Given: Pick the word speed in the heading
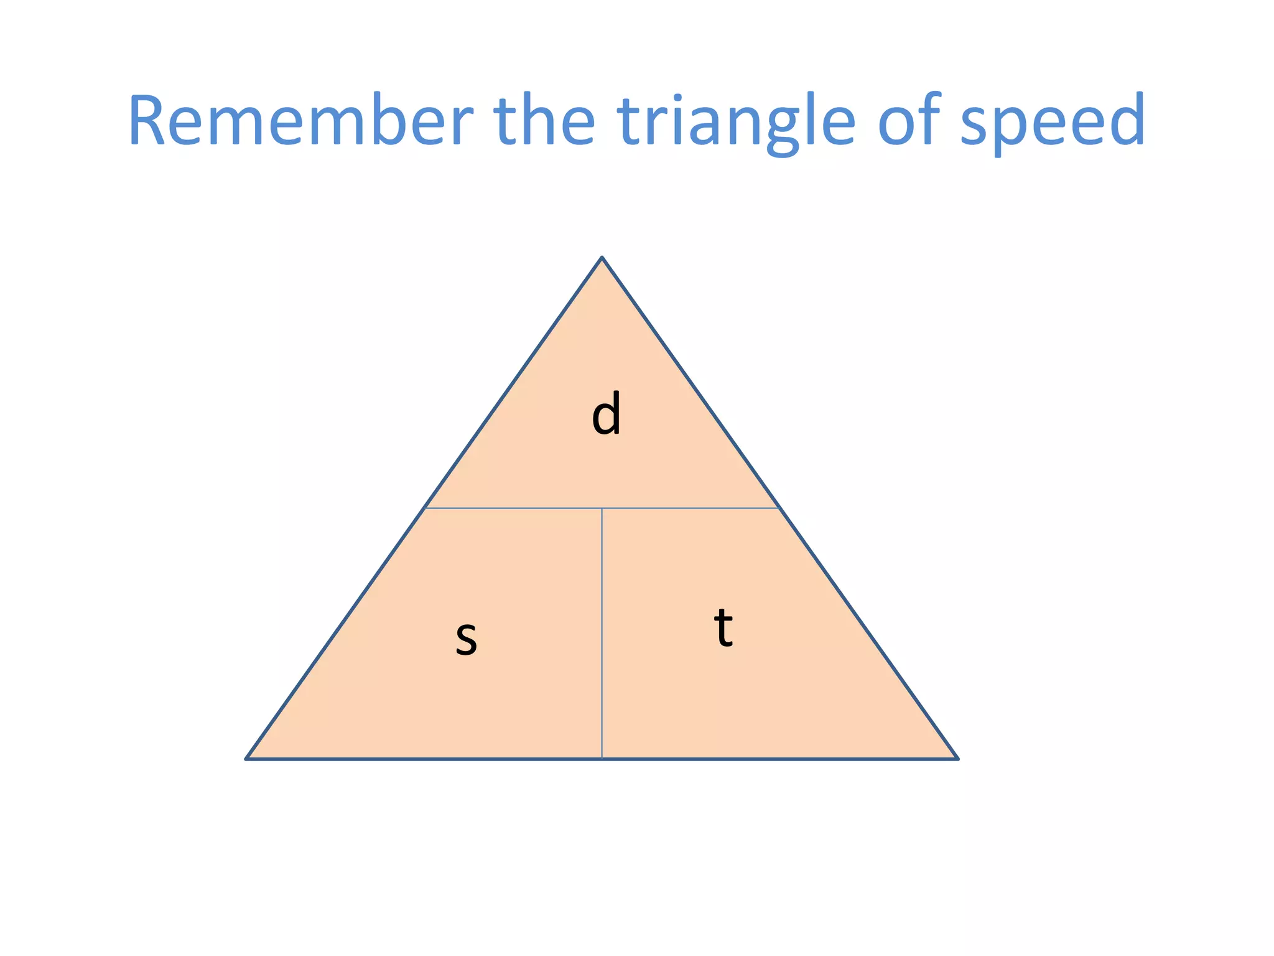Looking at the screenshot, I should click(x=1052, y=121).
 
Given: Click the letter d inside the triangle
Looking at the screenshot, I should click(x=606, y=414).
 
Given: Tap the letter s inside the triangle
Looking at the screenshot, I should click(x=466, y=638).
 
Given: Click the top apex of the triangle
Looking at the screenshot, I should click(x=602, y=257).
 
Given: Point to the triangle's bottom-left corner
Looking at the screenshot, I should click(x=247, y=759).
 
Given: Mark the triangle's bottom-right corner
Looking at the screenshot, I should click(x=957, y=759).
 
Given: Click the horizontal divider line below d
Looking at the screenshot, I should click(x=516, y=508).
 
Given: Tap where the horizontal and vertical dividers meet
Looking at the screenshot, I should click(x=602, y=508).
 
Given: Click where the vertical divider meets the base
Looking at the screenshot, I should click(x=602, y=759).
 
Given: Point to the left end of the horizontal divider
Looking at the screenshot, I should click(x=425, y=508).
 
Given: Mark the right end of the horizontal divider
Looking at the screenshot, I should click(x=779, y=508).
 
